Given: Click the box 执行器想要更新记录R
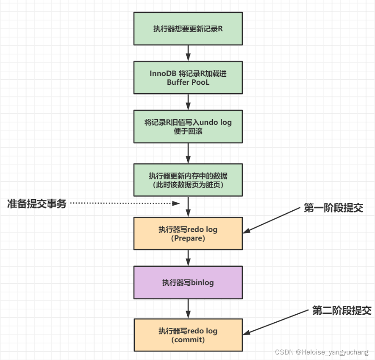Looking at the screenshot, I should click(188, 28).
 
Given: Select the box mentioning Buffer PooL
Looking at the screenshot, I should click(188, 78).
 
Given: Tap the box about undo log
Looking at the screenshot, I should click(188, 126).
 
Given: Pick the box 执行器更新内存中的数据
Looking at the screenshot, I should click(188, 180).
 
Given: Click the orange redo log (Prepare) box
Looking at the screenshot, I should click(188, 234).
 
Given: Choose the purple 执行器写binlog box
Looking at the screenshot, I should click(188, 282).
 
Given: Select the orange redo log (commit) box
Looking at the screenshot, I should click(188, 335).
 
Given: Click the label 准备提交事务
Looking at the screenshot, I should click(37, 204).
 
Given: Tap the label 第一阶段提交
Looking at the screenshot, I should click(333, 208).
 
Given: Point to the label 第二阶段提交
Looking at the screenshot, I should click(342, 310).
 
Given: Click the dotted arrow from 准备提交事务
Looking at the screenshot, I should click(123, 204).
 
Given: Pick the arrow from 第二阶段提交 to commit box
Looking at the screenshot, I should click(278, 322).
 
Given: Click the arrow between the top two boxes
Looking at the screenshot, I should click(188, 53).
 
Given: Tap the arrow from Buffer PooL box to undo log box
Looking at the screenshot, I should click(188, 102).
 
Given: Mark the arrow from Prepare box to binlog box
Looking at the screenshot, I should click(188, 258).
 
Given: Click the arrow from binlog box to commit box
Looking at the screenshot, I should click(188, 309).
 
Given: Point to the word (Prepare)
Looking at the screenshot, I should click(188, 238).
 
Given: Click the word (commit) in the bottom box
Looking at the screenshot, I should click(188, 340).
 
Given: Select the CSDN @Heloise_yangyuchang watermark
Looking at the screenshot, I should click(322, 352).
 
